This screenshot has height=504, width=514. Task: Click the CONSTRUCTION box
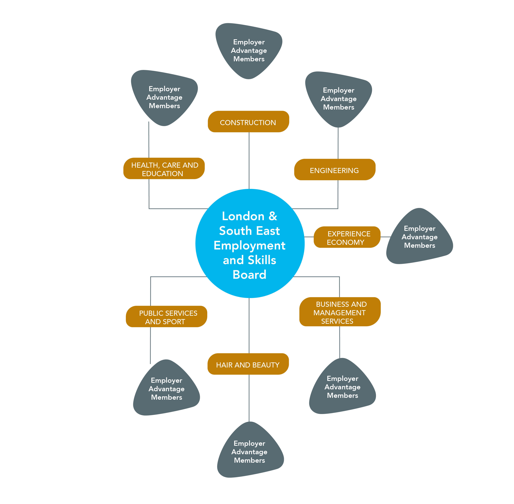pyautogui.click(x=248, y=122)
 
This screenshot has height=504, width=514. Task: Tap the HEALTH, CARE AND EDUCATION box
pyautogui.click(x=164, y=168)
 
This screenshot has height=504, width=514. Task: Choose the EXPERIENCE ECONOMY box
pyautogui.click(x=347, y=237)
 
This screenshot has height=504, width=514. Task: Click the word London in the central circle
pyautogui.click(x=243, y=216)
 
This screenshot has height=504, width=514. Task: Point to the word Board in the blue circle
pyautogui.click(x=249, y=275)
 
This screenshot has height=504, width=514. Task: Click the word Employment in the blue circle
pyautogui.click(x=249, y=245)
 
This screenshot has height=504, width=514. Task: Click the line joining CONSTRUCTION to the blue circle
pyautogui.click(x=249, y=160)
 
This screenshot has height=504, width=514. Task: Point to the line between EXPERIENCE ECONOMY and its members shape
pyautogui.click(x=386, y=237)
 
